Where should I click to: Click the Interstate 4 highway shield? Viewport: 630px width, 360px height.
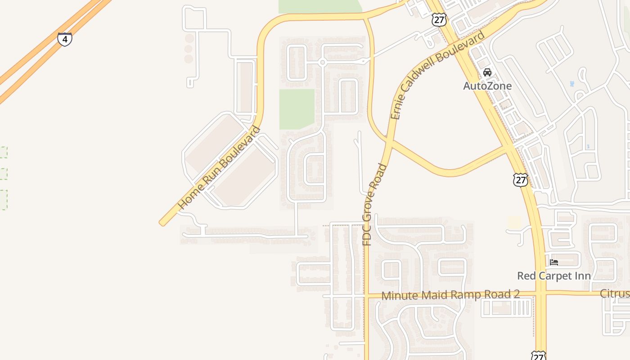pyautogui.click(x=65, y=39)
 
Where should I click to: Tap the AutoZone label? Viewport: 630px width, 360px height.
pyautogui.click(x=487, y=85)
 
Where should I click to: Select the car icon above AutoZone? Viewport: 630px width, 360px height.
pyautogui.click(x=487, y=72)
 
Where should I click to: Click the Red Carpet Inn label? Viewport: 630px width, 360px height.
pyautogui.click(x=553, y=275)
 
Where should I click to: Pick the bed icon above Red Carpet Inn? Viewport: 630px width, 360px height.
pyautogui.click(x=554, y=262)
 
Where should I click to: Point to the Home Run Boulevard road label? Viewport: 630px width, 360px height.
pyautogui.click(x=219, y=168)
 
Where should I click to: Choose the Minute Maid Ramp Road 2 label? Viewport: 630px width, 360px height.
pyautogui.click(x=450, y=295)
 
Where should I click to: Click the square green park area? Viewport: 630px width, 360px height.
pyautogui.click(x=297, y=109)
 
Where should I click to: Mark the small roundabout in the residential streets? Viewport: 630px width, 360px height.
pyautogui.click(x=322, y=63)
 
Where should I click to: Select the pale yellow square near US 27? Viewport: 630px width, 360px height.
pyautogui.click(x=514, y=222)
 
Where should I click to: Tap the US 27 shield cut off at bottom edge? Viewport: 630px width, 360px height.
pyautogui.click(x=538, y=355)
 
